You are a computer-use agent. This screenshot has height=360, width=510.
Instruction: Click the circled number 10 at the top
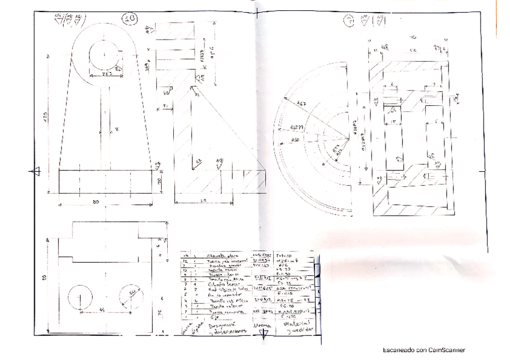coord(128,19)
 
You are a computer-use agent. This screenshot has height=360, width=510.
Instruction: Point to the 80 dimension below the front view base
coord(96,201)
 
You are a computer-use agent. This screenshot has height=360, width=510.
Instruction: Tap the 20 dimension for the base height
coord(161,181)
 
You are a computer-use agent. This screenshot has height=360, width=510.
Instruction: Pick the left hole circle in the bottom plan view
coord(80,297)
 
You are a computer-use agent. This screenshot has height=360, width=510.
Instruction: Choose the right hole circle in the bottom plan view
coord(132,296)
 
